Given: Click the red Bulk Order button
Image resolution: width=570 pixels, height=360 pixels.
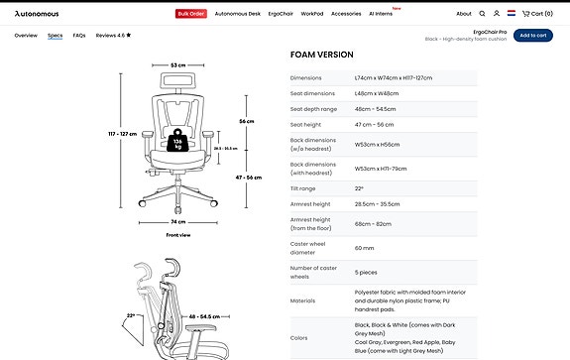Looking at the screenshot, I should tap(190, 14).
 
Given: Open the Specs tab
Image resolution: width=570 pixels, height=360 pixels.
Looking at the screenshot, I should tap(56, 35).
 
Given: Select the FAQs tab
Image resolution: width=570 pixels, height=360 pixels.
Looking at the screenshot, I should tap(79, 35).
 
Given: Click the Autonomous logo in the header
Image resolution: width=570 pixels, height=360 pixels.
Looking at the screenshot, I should tap(37, 14).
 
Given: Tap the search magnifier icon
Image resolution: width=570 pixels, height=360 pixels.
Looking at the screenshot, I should tap(483, 14).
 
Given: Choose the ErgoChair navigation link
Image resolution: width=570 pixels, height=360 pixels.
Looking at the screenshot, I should tap(282, 14).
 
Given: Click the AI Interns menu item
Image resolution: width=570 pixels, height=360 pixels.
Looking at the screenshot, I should tap(382, 14).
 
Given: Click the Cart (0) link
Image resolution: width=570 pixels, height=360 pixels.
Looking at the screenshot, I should tap(537, 14).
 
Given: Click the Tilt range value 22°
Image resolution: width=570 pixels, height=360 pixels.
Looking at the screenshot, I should tap(360, 188).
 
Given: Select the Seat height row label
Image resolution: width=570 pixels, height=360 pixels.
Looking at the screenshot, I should tap(306, 124).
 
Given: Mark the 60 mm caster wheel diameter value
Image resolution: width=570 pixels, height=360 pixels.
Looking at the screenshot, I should tap(364, 248).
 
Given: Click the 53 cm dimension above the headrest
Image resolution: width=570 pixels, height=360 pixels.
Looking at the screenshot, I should tap(177, 64).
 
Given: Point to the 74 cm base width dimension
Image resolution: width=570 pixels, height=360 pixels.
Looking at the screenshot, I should tap(178, 222).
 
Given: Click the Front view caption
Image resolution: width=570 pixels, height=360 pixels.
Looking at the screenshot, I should tap(178, 235).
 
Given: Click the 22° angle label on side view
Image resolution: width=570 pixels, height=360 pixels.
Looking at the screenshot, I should tap(131, 316).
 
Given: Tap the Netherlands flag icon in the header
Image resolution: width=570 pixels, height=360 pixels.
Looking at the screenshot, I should tap(511, 14).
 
